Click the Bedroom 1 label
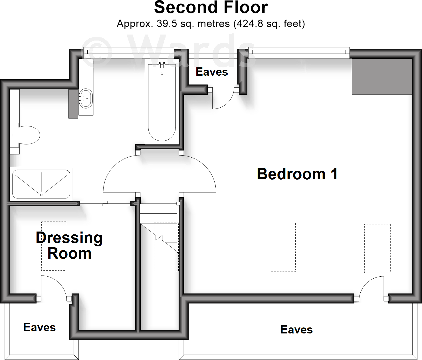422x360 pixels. point(297,174)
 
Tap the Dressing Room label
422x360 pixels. point(69,246)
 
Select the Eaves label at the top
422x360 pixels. point(212,72)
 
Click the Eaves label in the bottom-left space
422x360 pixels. point(39,327)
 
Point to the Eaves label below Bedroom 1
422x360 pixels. point(296,330)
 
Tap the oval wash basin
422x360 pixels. point(86,99)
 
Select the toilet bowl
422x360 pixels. point(29,135)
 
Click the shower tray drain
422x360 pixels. point(41,195)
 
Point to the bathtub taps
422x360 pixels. point(162,65)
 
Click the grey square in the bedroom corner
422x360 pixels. point(382,77)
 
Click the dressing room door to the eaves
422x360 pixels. point(54,285)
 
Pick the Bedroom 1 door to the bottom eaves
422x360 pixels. point(371,286)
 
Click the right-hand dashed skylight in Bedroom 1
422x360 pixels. point(377,248)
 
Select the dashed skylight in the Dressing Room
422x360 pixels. point(54,246)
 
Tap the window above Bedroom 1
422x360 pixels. point(299,52)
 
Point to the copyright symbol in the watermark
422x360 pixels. point(96,51)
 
